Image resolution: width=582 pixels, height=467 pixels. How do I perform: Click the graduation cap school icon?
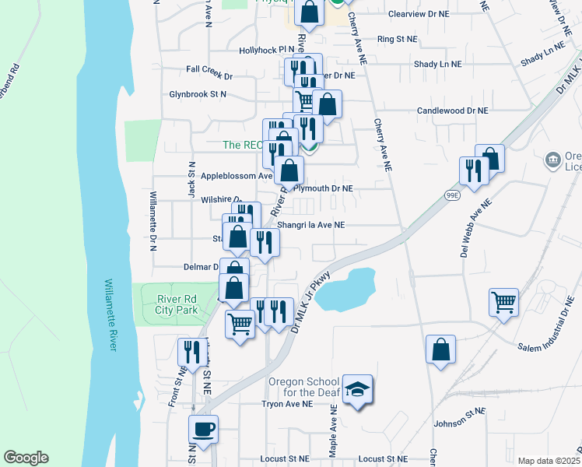click(x=358, y=389)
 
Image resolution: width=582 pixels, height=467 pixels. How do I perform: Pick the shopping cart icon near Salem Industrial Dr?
click(x=504, y=301)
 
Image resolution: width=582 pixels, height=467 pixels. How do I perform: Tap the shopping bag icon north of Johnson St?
click(x=441, y=349)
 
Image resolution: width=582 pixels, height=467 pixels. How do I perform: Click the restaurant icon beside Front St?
click(x=189, y=352)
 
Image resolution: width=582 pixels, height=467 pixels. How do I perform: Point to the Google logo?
click(x=26, y=458)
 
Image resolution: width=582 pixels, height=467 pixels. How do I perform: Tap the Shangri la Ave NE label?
click(x=317, y=225)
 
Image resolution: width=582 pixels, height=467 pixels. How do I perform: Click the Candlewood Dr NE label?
click(x=453, y=111)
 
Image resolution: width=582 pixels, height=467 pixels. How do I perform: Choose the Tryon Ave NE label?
click(x=286, y=404)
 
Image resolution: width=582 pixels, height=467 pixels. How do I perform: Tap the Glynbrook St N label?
click(x=198, y=94)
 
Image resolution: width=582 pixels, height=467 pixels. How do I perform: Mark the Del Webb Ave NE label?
click(x=476, y=230)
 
